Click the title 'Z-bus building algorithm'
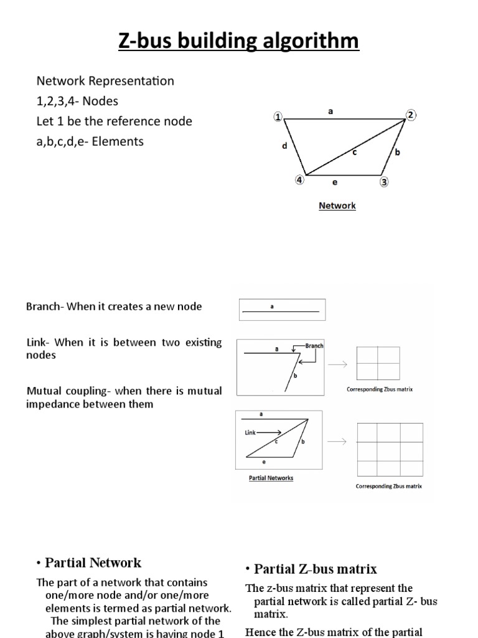click(239, 41)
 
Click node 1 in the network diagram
click(278, 117)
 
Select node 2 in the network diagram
click(411, 115)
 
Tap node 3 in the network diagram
click(384, 182)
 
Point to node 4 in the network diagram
click(300, 180)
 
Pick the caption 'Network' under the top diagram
click(337, 206)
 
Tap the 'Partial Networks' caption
click(270, 478)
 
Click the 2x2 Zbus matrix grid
click(377, 363)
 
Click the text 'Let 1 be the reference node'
click(115, 121)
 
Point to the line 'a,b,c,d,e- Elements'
click(90, 141)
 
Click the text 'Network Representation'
click(105, 82)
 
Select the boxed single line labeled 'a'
click(281, 310)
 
